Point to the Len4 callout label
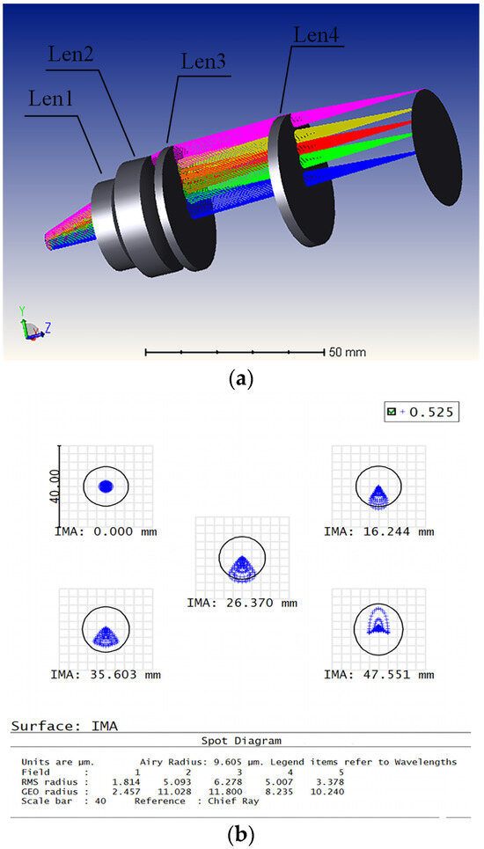tap(315, 35)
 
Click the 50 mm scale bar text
tap(348, 352)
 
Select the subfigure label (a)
tap(240, 379)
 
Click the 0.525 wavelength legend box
tap(422, 412)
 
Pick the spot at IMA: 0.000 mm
tap(106, 486)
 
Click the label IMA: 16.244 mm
tap(378, 531)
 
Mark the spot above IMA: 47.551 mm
tap(378, 625)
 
